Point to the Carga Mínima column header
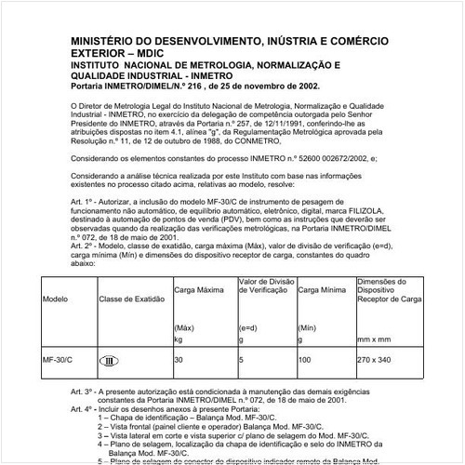point(322,291)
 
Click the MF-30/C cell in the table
point(59,359)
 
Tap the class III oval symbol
point(108,360)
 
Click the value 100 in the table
point(304,359)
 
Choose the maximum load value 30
point(179,359)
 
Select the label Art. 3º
point(85,392)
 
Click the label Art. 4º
point(85,408)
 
